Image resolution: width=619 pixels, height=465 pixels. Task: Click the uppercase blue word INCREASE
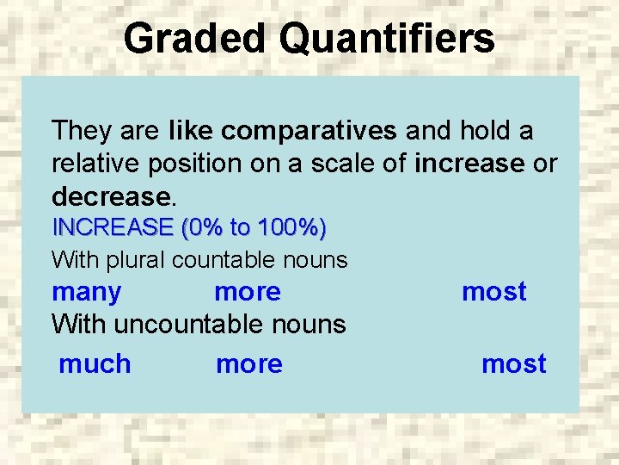[113, 228]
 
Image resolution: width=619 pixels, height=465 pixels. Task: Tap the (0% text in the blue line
[201, 228]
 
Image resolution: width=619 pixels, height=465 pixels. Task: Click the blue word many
[86, 292]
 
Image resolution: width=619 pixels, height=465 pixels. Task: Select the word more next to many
[248, 292]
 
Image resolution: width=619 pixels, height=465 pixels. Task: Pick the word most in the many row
[493, 292]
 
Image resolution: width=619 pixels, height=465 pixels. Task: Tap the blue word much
[95, 364]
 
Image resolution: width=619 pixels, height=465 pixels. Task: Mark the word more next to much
[249, 364]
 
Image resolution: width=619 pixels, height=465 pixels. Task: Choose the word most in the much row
[513, 364]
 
